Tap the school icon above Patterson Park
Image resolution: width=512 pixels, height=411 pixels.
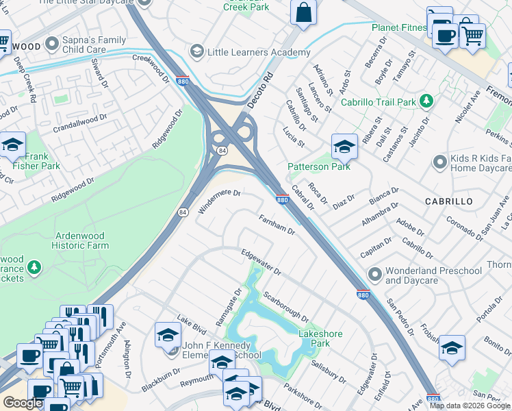click(x=344, y=146)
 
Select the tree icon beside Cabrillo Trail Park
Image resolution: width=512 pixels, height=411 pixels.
click(x=427, y=102)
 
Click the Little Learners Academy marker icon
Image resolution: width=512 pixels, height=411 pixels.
click(x=197, y=52)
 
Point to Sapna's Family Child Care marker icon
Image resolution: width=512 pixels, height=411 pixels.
click(x=52, y=44)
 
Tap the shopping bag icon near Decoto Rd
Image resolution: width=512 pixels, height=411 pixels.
click(x=303, y=12)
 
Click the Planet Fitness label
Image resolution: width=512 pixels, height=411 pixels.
click(x=399, y=27)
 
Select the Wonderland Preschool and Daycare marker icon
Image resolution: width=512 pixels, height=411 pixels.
click(x=374, y=275)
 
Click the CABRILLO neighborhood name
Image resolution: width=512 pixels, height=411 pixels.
click(x=448, y=201)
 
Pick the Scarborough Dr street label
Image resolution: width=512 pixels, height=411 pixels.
click(x=285, y=306)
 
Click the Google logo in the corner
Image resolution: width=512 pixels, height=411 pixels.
click(x=23, y=403)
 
